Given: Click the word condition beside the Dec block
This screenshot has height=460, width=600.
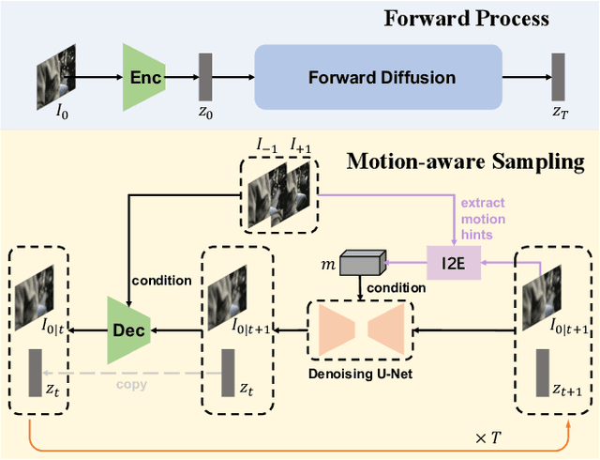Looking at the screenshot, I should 161,280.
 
